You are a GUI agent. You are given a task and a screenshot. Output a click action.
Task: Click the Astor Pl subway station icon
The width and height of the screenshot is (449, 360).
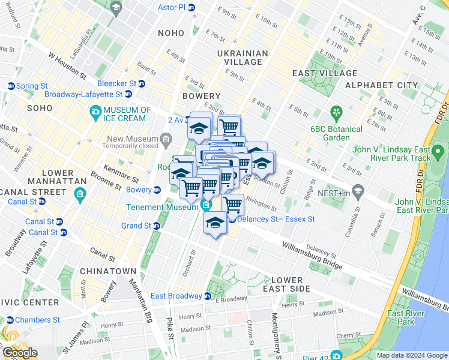pyautogui.click(x=191, y=8)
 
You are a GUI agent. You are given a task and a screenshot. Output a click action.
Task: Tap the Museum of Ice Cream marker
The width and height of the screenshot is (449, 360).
pyautogui.click(x=95, y=112)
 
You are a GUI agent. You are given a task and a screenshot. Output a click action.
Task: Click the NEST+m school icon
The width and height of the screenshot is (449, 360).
pyautogui.click(x=358, y=191)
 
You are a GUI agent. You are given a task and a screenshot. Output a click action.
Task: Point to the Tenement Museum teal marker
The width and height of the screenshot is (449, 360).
pyautogui.click(x=206, y=206)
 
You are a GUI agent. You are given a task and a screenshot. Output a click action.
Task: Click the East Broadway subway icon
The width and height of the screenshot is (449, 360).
pyautogui.click(x=208, y=296)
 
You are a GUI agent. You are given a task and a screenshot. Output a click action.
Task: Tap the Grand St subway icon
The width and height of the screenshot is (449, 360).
pyautogui.click(x=156, y=226)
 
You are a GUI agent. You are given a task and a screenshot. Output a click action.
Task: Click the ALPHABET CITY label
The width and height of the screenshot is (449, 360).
pyautogui.click(x=381, y=85)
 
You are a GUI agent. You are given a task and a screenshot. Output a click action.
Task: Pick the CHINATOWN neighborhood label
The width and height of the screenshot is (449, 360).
pyautogui.click(x=109, y=271)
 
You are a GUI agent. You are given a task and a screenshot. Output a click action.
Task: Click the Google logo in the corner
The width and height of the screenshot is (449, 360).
pyautogui.click(x=20, y=353)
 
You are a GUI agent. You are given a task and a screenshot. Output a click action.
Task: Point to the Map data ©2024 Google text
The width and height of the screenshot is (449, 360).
pyautogui.click(x=412, y=355)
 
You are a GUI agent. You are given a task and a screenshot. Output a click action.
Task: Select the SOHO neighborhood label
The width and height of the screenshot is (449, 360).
pyautogui.click(x=40, y=108)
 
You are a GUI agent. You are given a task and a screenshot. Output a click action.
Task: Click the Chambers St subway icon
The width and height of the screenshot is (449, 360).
pyautogui.click(x=10, y=320)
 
